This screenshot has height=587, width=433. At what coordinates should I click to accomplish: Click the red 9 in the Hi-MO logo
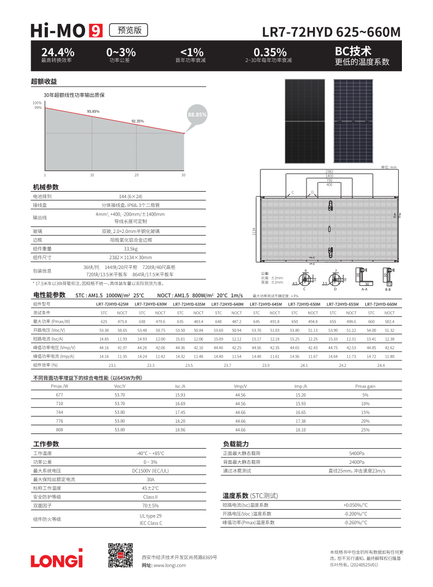click(96, 31)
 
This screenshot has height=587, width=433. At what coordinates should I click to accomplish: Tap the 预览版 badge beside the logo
click(129, 30)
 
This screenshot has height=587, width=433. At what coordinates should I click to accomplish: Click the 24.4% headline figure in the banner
click(58, 52)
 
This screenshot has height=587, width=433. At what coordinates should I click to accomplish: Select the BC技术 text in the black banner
click(353, 51)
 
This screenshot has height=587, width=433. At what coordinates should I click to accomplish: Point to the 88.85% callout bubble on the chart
click(197, 115)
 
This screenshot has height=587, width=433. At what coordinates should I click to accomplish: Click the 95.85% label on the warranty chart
click(93, 111)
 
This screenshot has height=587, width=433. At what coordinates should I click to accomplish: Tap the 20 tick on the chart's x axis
click(136, 175)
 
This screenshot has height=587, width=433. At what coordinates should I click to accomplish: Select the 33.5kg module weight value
click(130, 248)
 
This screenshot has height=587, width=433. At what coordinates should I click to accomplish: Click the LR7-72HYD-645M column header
click(266, 304)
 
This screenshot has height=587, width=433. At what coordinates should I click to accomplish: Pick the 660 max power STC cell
click(371, 321)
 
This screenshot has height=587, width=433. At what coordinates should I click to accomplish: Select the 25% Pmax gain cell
click(365, 430)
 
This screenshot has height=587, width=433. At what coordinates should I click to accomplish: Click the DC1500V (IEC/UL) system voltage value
click(150, 470)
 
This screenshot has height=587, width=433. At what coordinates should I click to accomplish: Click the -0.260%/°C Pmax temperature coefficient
click(356, 522)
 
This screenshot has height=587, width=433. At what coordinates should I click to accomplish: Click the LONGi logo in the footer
click(57, 560)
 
